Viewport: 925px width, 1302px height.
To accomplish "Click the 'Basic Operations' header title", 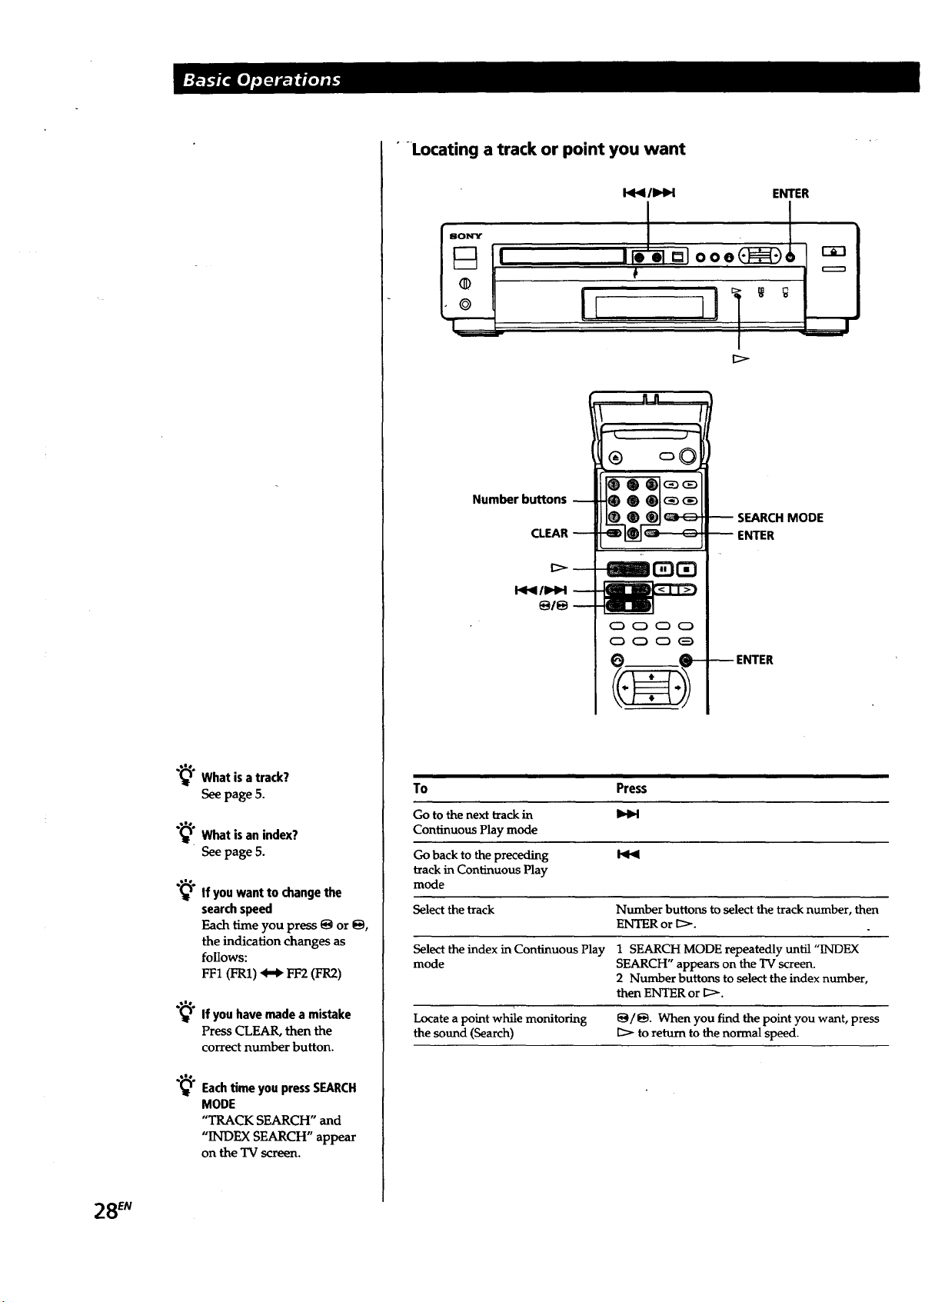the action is tap(261, 80).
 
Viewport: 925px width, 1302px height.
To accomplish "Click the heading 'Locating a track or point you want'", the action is tap(548, 149).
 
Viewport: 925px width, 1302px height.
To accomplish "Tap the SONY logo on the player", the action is tap(465, 236).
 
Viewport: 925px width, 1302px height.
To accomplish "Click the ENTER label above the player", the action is tap(790, 194).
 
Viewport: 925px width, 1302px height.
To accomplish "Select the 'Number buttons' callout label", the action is tap(519, 499).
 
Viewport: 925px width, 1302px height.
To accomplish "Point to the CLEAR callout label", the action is tap(549, 533).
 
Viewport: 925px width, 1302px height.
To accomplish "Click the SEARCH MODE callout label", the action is tap(780, 518).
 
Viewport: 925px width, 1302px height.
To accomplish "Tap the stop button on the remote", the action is tap(686, 569).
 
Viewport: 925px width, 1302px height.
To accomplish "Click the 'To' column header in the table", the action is tap(420, 788).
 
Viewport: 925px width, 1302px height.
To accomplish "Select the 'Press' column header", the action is tap(631, 788).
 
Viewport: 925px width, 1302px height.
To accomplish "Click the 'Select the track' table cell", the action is tap(453, 910).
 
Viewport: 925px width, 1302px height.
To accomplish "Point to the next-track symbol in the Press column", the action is tap(627, 814).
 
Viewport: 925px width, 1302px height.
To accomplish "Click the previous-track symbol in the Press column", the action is tap(627, 854).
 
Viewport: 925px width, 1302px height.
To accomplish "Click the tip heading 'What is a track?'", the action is tap(245, 778).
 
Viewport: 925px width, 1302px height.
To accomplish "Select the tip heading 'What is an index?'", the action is tap(249, 834).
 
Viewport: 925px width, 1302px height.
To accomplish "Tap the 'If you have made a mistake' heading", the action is tap(276, 1014).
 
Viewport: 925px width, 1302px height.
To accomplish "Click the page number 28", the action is tap(106, 1210).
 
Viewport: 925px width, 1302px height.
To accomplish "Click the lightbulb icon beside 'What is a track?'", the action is tap(185, 774).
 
